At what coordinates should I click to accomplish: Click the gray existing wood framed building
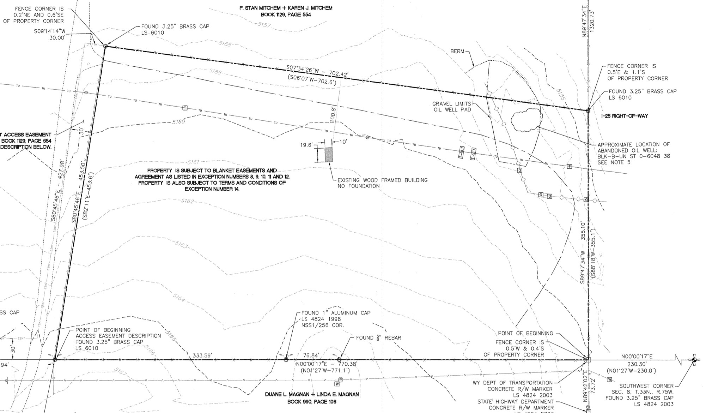coord(329,155)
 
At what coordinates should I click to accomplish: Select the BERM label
coord(457,52)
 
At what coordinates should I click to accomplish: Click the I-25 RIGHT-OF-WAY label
coord(625,116)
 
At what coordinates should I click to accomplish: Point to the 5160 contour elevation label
coord(178,122)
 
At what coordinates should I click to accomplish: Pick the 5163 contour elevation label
coord(181,245)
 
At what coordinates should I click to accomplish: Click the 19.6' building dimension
coord(306,145)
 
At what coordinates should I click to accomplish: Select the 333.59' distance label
coord(202,355)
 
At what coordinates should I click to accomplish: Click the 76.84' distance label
coord(311,355)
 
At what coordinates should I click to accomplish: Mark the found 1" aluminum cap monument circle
coord(286,360)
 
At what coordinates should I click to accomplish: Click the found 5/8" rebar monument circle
coord(339,360)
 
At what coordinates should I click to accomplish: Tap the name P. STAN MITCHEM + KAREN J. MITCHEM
coord(286,8)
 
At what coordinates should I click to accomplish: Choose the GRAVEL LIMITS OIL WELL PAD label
coord(451,107)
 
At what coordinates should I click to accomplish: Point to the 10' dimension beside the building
coord(343,142)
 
